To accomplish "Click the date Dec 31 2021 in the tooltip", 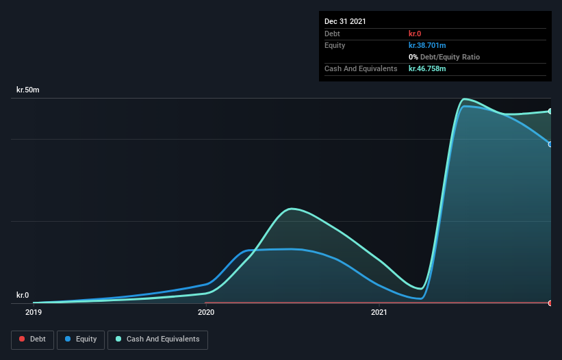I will [345, 21].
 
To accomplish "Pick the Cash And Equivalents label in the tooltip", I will [361, 68].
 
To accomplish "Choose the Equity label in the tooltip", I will [335, 45].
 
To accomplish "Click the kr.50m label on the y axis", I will [28, 90].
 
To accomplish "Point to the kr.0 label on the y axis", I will [23, 295].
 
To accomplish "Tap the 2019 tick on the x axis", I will [33, 313].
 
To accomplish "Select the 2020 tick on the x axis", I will [206, 313].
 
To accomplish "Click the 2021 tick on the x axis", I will [379, 313].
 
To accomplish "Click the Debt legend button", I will [32, 339].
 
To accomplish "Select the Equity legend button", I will [81, 339].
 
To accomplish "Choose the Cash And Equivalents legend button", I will [157, 339].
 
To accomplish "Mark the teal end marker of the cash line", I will [550, 111].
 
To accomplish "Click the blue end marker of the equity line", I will [550, 144].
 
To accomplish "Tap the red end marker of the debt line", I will [550, 303].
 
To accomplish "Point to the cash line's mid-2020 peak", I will [292, 208].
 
